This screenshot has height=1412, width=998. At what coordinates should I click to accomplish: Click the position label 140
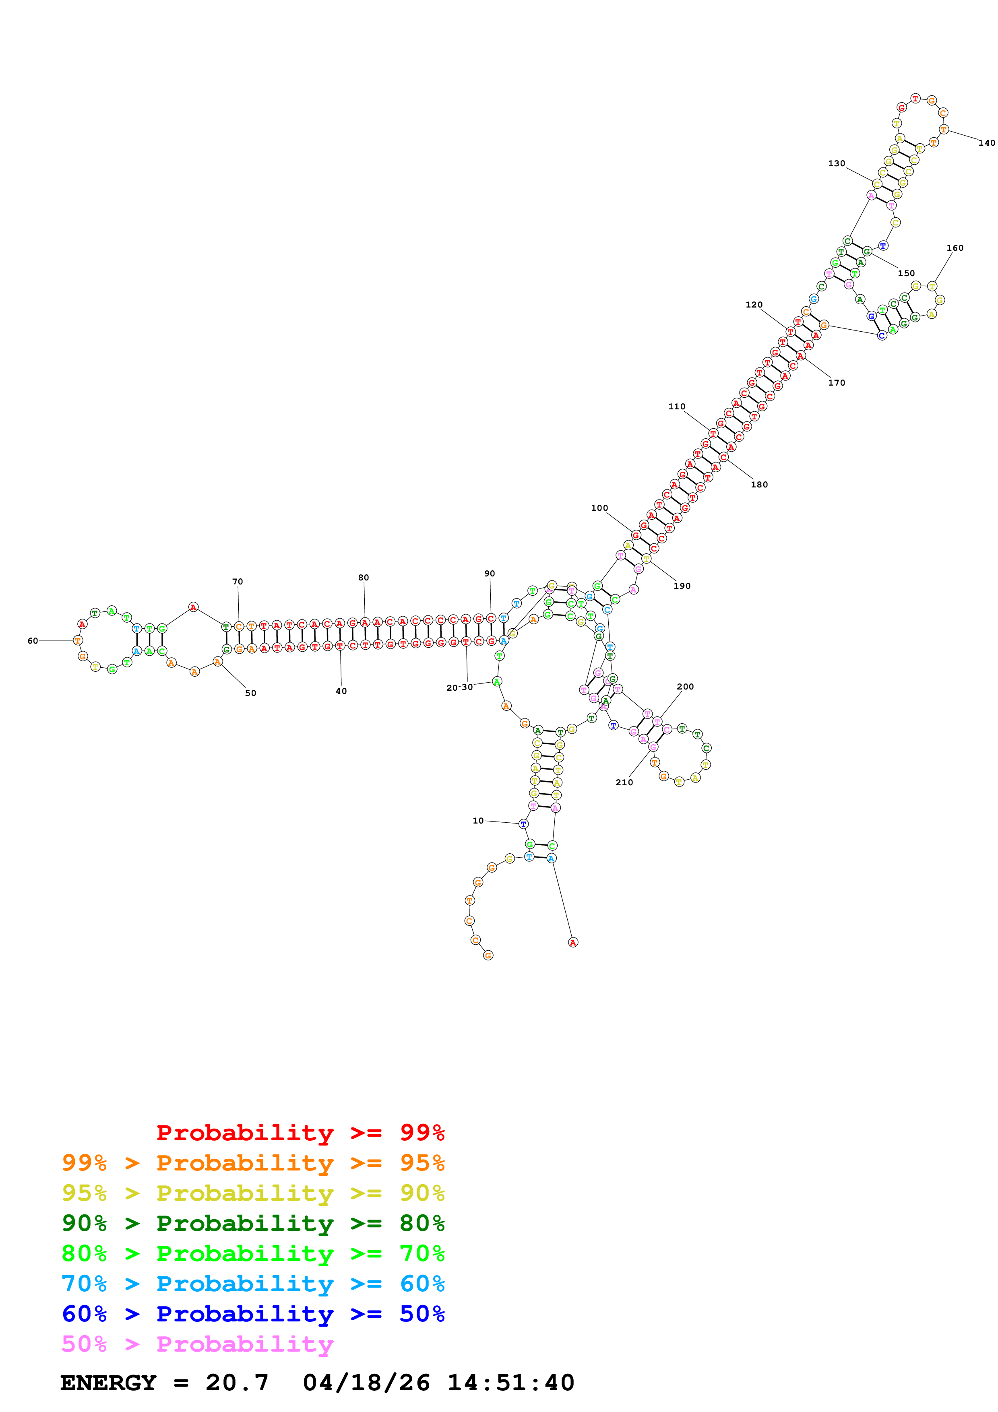[986, 142]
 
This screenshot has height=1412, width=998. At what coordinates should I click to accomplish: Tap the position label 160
[955, 248]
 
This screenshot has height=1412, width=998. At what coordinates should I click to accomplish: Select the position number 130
[836, 163]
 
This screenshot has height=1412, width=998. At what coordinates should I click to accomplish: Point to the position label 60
[33, 641]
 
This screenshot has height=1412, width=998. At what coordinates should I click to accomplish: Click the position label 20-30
[459, 687]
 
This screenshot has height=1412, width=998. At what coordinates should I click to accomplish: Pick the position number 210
[624, 782]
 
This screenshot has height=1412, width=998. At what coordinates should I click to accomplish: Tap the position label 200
[685, 687]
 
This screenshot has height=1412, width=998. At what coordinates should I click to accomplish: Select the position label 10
[478, 820]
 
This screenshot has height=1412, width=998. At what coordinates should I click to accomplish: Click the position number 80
[364, 578]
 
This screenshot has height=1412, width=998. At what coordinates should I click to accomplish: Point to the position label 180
[759, 485]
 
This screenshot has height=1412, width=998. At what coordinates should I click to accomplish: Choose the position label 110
[676, 407]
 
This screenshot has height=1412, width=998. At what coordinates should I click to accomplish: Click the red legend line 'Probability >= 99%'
[300, 1133]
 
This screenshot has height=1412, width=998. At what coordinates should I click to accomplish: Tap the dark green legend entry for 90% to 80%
[253, 1223]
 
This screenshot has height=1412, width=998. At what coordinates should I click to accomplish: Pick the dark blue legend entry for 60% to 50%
[253, 1314]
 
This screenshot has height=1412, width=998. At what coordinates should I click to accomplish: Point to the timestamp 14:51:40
[510, 1383]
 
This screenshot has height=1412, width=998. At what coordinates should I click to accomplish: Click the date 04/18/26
[366, 1383]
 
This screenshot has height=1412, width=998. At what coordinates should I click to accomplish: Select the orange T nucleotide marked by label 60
[77, 640]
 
